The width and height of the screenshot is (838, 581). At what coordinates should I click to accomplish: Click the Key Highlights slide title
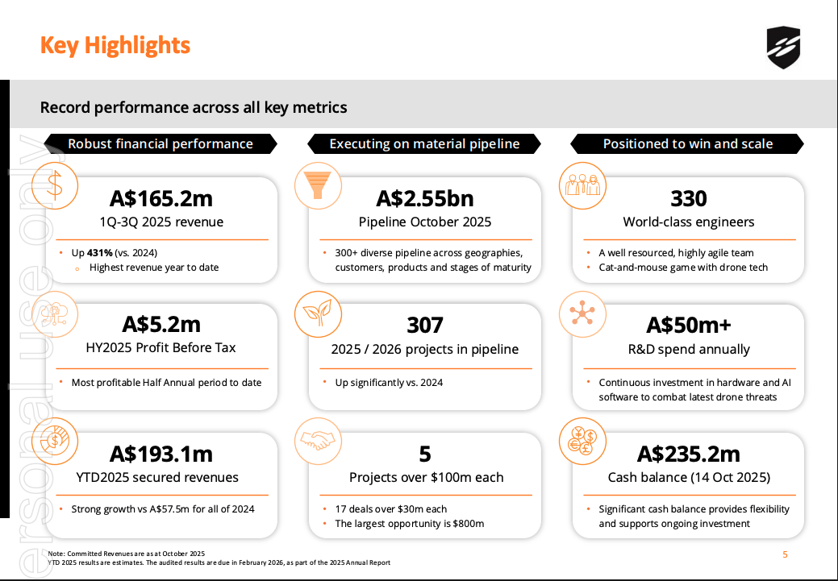(115, 45)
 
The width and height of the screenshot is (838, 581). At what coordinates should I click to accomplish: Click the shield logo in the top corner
(783, 47)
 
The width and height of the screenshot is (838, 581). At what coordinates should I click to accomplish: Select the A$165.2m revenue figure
(161, 198)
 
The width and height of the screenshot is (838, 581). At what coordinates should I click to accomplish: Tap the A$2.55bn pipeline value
(424, 198)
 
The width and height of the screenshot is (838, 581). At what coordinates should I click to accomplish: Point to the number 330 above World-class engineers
(688, 198)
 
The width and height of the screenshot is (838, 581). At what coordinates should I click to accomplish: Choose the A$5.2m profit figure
(161, 325)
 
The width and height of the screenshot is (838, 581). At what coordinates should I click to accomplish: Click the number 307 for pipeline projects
(424, 325)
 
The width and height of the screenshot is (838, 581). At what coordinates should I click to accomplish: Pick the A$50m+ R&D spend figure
(688, 325)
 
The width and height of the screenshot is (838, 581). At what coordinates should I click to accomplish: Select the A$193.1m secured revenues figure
(161, 454)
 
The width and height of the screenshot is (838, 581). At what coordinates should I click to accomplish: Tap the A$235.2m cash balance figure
(688, 454)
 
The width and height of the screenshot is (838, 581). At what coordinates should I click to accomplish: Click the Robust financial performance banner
(161, 144)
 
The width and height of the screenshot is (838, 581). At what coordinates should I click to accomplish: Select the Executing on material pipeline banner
(424, 144)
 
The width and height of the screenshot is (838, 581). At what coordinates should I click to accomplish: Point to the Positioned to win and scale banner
(688, 144)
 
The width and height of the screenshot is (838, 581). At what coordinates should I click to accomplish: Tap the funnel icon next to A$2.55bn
(319, 186)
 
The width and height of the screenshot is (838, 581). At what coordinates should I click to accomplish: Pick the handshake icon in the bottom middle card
(319, 441)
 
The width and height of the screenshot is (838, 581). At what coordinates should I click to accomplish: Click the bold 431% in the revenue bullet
(101, 252)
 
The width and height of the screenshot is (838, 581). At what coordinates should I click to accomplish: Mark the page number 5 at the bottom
(785, 554)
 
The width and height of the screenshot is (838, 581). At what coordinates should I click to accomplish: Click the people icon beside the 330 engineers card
(582, 186)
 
